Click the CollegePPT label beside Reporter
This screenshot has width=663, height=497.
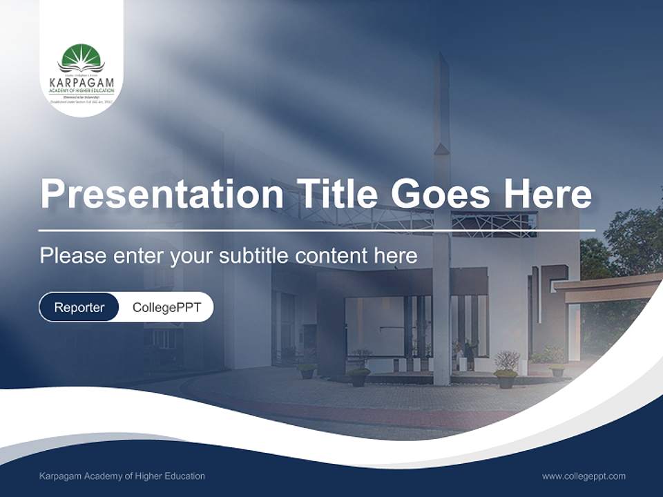click(x=166, y=307)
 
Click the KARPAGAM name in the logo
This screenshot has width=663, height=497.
click(x=81, y=83)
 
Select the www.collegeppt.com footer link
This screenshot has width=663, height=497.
click(x=584, y=476)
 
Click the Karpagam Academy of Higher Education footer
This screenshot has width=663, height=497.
click(x=122, y=476)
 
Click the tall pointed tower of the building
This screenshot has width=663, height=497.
click(x=442, y=104)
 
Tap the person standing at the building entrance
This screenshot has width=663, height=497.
click(x=470, y=353)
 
